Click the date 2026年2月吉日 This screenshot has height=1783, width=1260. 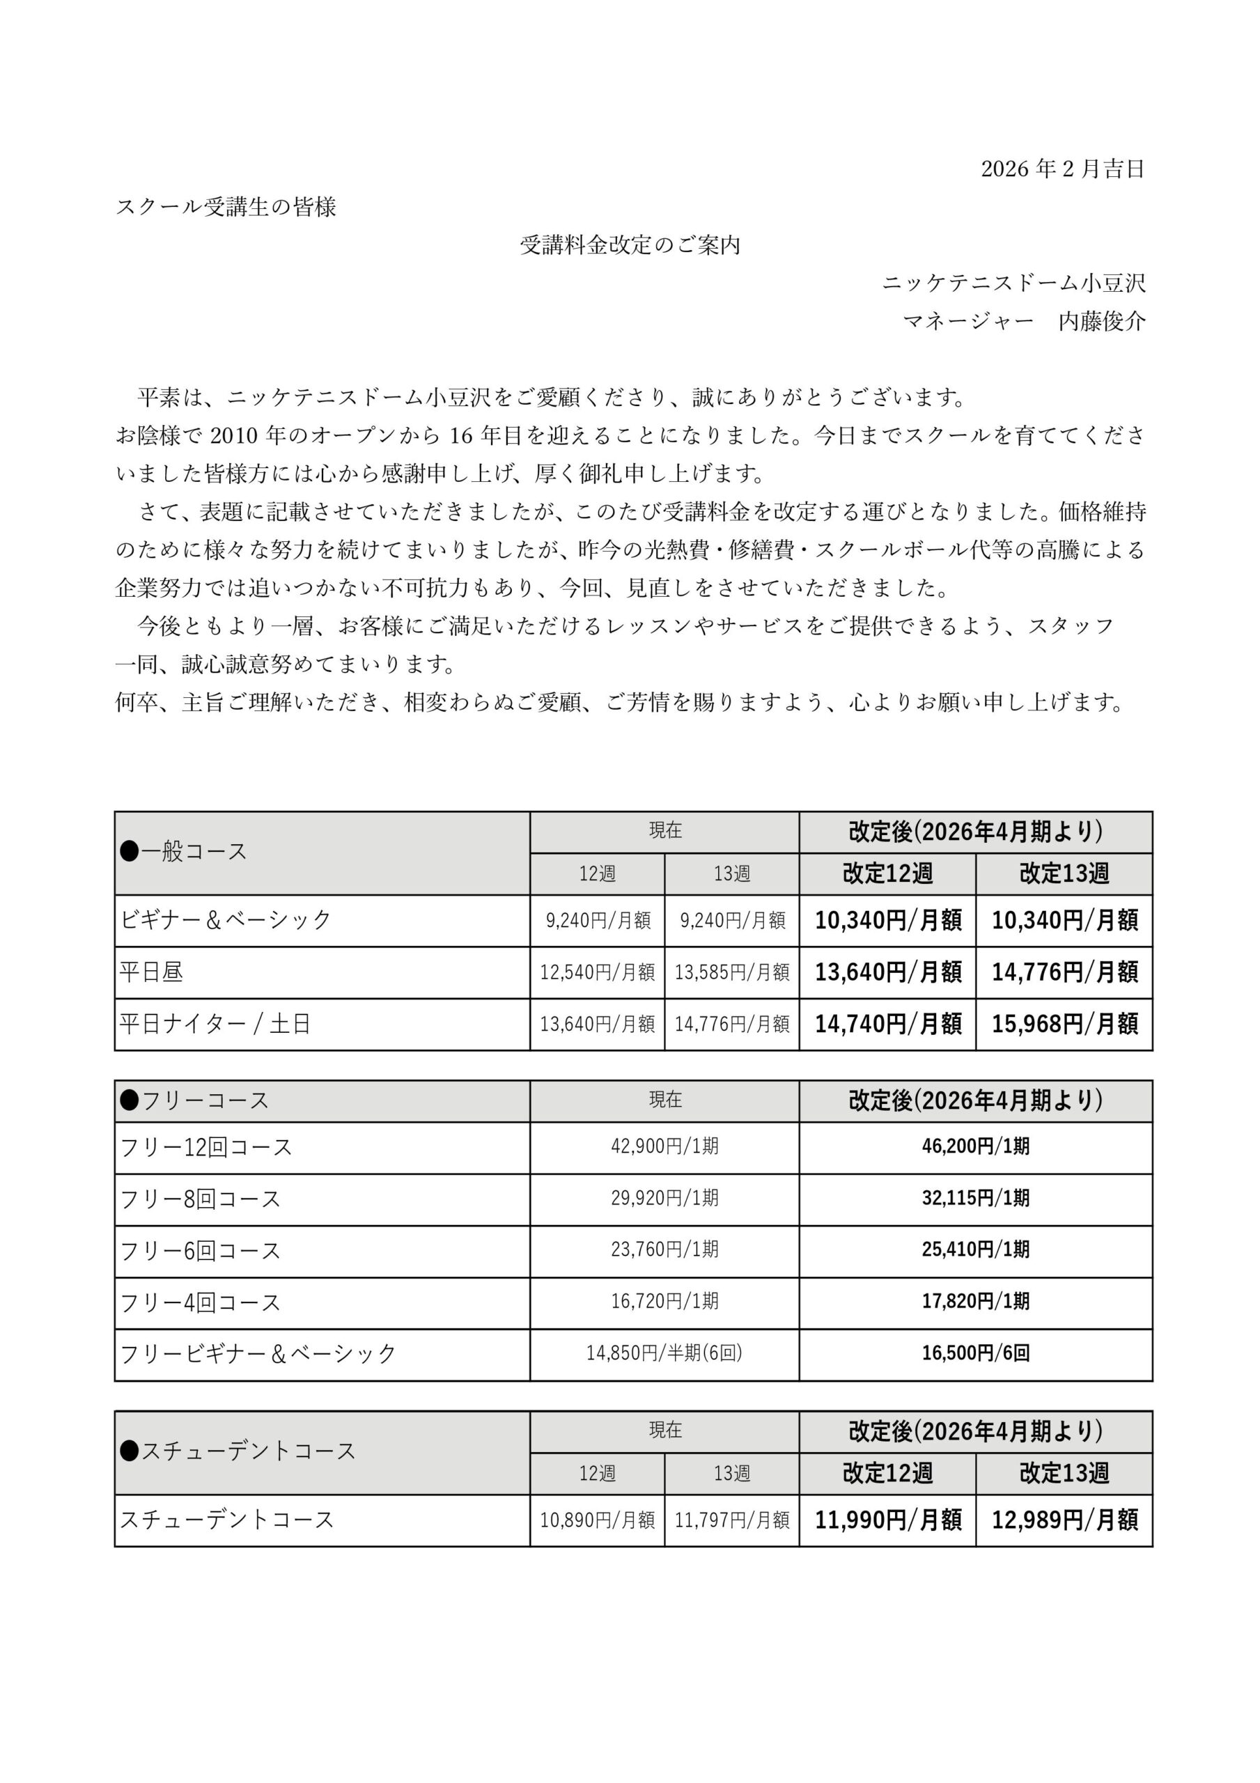pyautogui.click(x=1062, y=169)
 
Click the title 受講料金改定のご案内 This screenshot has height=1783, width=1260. pyautogui.click(x=630, y=245)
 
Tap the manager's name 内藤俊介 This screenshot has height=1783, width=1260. pyautogui.click(x=1101, y=322)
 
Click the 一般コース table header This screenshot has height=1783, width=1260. pyautogui.click(x=184, y=852)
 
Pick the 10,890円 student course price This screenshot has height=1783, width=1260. pyautogui.click(x=597, y=1520)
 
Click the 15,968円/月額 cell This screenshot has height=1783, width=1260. pyautogui.click(x=1064, y=1024)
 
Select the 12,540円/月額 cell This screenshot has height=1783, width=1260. pyautogui.click(x=597, y=972)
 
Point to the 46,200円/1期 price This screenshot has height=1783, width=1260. pyautogui.click(x=975, y=1146)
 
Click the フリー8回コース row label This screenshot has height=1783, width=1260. pyautogui.click(x=201, y=1198)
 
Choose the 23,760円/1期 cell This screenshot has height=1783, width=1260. pyautogui.click(x=664, y=1249)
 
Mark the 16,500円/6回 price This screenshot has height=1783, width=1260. pyautogui.click(x=975, y=1353)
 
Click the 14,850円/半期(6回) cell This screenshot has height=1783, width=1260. pyautogui.click(x=664, y=1353)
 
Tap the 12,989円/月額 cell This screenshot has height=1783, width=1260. pyautogui.click(x=1064, y=1520)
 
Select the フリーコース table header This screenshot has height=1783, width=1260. pyautogui.click(x=195, y=1100)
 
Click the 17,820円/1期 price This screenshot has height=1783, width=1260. pyautogui.click(x=975, y=1301)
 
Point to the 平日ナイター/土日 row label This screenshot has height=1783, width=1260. pyautogui.click(x=215, y=1024)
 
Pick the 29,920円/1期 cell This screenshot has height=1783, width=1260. pyautogui.click(x=664, y=1198)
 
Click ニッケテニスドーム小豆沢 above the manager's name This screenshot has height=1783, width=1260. pyautogui.click(x=1013, y=283)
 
